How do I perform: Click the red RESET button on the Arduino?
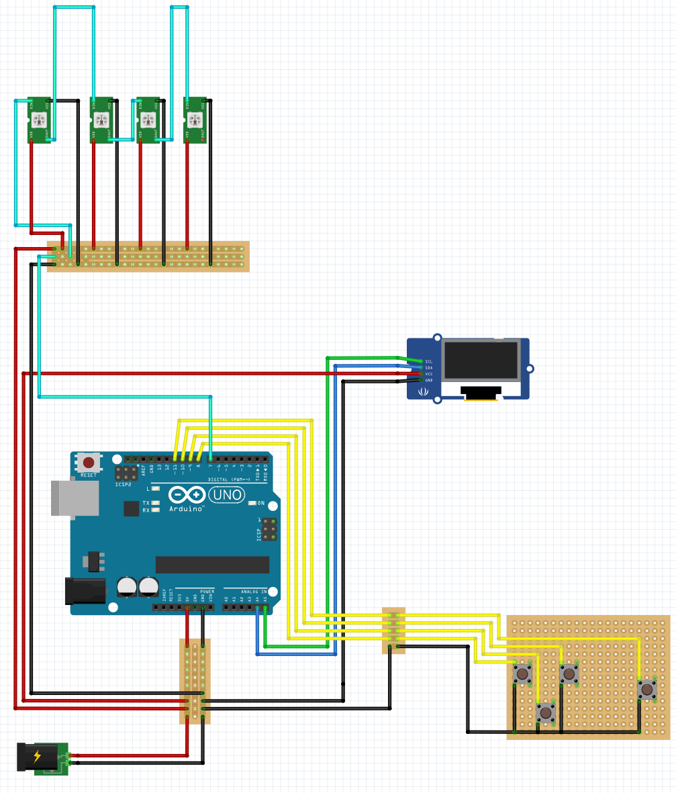89,462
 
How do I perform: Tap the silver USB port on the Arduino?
74,498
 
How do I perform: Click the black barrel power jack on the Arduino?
85,590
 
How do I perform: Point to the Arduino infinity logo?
187,496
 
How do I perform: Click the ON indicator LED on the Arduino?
252,503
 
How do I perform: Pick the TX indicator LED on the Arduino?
156,502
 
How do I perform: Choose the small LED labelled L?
156,489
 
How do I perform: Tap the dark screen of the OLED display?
480,361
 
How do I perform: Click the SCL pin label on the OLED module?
429,361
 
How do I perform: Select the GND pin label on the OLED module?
429,380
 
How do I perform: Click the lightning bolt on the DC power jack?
37,757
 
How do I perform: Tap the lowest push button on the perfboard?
546,712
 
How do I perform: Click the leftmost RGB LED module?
40,120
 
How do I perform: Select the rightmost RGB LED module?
195,120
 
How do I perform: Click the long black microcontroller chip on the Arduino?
212,565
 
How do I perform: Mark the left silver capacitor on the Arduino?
126,587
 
